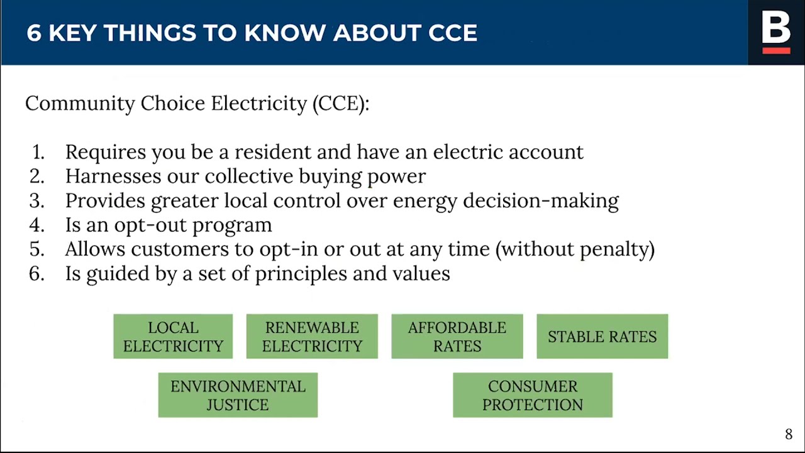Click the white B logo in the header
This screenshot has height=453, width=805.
click(775, 27)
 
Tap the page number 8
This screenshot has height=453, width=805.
click(789, 434)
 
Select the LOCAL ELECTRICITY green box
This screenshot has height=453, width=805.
click(173, 337)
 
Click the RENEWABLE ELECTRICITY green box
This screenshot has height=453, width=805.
click(312, 337)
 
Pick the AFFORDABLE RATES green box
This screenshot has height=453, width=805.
click(457, 337)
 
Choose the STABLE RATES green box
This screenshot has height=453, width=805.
click(602, 337)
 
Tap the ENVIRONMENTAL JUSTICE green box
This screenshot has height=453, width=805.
click(238, 395)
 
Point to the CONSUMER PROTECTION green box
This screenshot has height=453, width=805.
click(533, 395)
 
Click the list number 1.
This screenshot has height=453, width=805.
click(38, 152)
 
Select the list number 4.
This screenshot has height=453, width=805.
click(37, 225)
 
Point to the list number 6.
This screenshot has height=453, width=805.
click(37, 274)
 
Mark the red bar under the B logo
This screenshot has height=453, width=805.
click(776, 50)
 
